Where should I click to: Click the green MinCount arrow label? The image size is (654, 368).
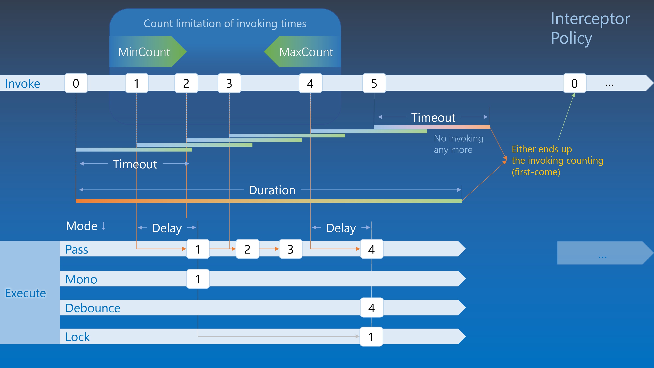coord(147,52)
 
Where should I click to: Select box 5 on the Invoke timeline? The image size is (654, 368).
coord(374,83)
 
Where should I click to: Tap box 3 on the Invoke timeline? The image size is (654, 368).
coord(229,83)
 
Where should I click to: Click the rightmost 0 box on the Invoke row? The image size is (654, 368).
coord(574,83)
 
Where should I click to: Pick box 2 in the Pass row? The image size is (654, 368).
coord(247,249)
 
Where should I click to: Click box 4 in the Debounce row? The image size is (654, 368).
coord(371,308)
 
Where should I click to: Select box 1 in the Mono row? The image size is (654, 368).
coord(198,279)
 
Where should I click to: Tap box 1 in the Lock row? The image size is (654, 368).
coord(371,337)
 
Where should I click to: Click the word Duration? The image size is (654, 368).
coord(272,190)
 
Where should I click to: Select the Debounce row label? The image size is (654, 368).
coord(93,308)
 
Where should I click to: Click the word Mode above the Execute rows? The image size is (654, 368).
coord(82,226)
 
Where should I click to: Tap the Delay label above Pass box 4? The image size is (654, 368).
coord(341,228)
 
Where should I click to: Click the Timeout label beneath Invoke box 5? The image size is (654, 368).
coord(433,117)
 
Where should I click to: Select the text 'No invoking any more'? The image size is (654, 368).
coord(458,144)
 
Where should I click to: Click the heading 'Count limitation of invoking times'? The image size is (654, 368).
coord(225,23)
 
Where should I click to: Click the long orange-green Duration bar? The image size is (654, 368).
coord(269,201)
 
